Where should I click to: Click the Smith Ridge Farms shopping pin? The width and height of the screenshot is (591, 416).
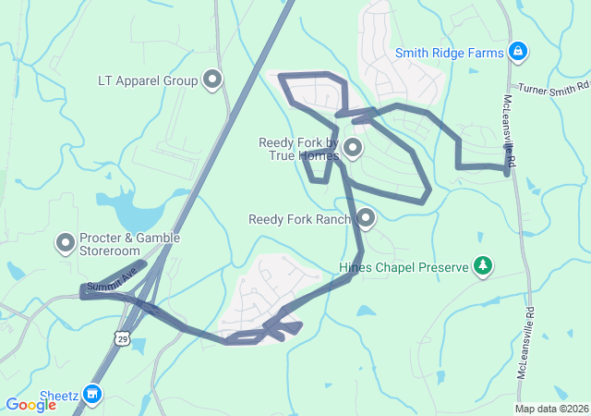click(x=518, y=52)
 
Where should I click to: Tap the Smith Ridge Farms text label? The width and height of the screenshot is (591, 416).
click(x=451, y=53)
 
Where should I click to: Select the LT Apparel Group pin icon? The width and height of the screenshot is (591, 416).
click(x=213, y=80)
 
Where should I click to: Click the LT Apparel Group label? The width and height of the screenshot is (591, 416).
click(x=148, y=80)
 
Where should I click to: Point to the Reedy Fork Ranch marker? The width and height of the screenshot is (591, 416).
click(x=366, y=219)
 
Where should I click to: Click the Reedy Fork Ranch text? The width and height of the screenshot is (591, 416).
click(x=300, y=220)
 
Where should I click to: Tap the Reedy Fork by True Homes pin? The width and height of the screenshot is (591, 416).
click(x=352, y=148)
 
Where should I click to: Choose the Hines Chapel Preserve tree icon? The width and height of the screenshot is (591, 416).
click(x=482, y=267)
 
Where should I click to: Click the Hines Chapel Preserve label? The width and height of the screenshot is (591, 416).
click(x=404, y=268)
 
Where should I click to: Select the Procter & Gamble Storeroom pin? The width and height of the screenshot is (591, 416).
click(x=66, y=244)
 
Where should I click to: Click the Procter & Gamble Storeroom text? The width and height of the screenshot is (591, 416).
click(x=129, y=244)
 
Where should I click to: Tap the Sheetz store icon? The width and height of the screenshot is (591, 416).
click(x=91, y=395)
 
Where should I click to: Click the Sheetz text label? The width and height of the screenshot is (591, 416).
click(x=58, y=396)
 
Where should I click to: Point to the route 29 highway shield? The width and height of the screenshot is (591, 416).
click(x=123, y=340)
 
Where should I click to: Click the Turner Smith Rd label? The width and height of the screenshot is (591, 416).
click(x=552, y=89)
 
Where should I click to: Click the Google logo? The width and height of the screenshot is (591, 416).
click(x=30, y=404)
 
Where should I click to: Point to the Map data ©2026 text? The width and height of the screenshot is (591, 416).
click(x=551, y=409)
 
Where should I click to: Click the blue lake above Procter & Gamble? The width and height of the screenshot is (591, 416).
click(x=125, y=211)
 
